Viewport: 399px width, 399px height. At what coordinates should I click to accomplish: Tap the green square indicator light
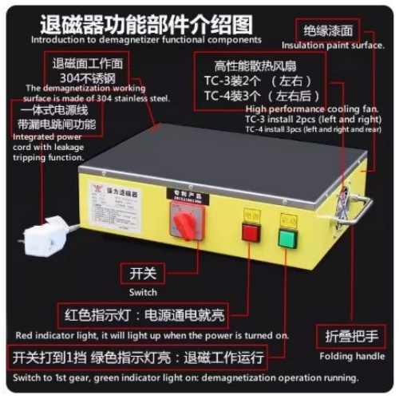click(286, 239)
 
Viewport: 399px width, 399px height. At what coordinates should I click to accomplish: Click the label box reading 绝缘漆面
click(329, 30)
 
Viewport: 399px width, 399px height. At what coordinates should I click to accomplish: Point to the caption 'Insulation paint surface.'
click(330, 45)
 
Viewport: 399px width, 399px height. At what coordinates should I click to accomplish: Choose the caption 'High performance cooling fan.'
click(299, 109)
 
